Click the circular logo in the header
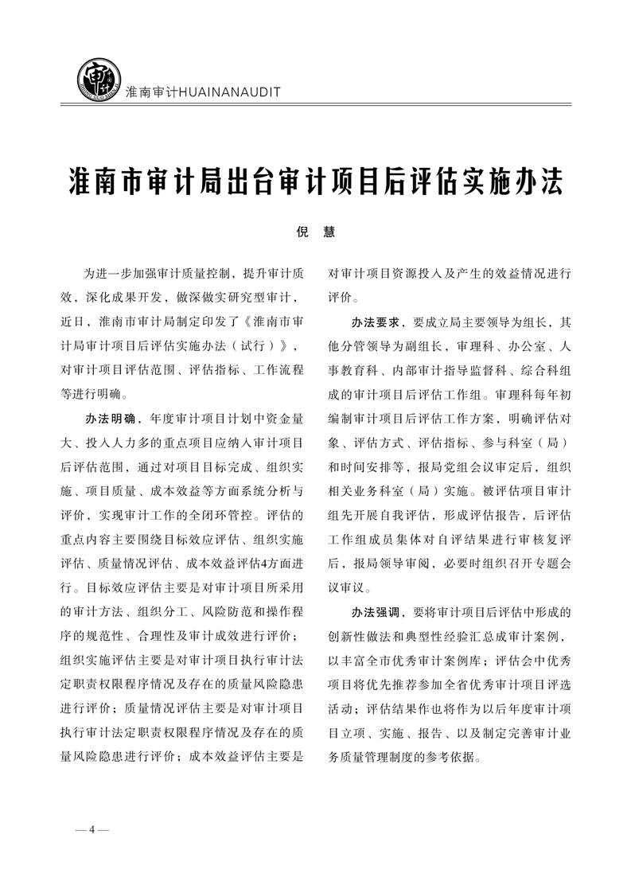click(97, 77)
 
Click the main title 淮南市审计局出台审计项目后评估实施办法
click(315, 181)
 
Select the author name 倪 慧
click(315, 232)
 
